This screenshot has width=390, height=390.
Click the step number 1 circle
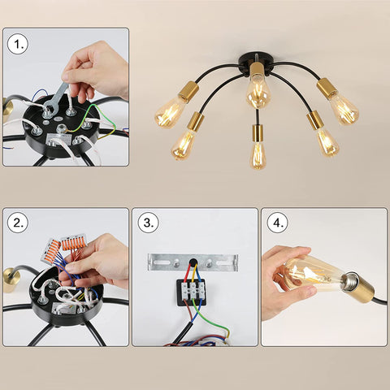click(18, 44)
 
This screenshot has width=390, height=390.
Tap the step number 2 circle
click(18, 223)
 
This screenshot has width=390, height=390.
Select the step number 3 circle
click(148, 223)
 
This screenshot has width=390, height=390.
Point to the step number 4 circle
click(278, 223)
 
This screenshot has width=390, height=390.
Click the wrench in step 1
click(56, 99)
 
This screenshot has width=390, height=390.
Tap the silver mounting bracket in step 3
click(193, 262)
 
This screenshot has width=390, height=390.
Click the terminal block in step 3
click(191, 292)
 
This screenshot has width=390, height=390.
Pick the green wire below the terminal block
click(211, 316)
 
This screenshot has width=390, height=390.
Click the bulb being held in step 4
click(311, 274)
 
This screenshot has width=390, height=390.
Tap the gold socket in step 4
click(357, 288)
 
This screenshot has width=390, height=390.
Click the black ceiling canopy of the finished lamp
click(253, 63)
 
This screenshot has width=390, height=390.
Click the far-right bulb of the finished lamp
click(344, 109)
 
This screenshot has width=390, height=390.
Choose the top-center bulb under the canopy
click(257, 93)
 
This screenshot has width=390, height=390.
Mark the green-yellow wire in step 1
click(101, 121)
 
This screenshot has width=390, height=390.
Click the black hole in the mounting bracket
click(193, 262)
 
